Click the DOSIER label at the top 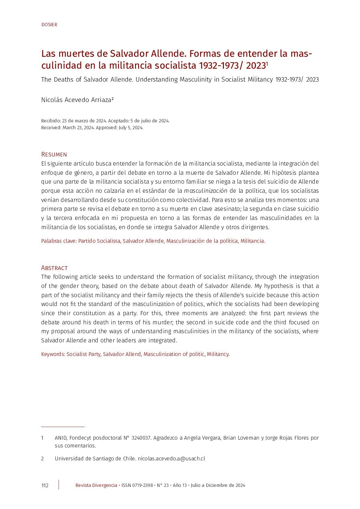[49, 24]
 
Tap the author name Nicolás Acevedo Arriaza [77, 100]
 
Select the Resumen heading [54, 154]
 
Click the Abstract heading [54, 268]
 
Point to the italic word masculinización [206, 191]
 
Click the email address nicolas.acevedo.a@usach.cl [171, 458]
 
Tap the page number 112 [45, 485]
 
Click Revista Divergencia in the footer [96, 485]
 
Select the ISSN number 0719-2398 [142, 485]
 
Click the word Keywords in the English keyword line [53, 354]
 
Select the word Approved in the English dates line [106, 128]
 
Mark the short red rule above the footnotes [63, 427]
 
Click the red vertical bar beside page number [59, 485]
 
